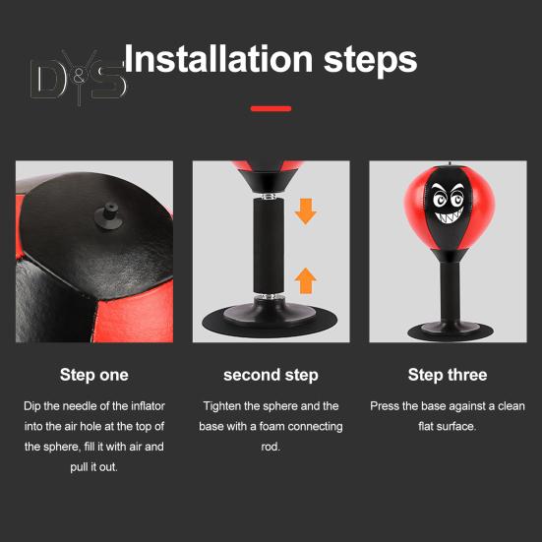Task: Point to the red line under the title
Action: [271, 108]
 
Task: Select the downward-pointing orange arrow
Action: [306, 210]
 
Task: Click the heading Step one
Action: [93, 375]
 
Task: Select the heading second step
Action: [271, 375]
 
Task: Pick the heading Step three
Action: [448, 375]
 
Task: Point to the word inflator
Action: [147, 406]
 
